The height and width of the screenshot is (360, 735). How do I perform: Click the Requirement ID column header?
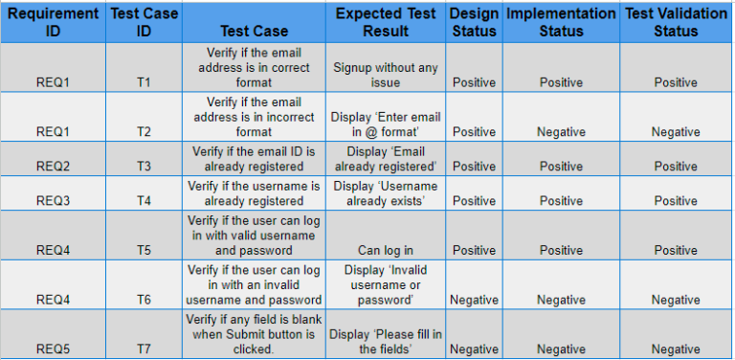(53, 22)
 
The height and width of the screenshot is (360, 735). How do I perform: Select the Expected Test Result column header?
(386, 22)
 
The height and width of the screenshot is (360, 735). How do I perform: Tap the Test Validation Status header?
(676, 22)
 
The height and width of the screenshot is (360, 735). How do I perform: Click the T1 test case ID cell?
(144, 82)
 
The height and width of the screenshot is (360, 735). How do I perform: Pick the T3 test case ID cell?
(144, 167)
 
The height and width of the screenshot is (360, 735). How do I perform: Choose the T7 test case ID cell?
(144, 349)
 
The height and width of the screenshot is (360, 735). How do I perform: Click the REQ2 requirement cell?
(53, 167)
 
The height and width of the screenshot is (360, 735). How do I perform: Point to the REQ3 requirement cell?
(53, 201)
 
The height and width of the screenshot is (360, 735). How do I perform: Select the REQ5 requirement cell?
(53, 349)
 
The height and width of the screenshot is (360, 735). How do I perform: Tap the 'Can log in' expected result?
(386, 251)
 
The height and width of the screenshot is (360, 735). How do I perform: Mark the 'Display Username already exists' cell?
(386, 193)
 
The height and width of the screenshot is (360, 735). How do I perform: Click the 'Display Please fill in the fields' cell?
(386, 342)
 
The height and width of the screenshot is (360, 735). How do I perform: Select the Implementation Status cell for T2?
(561, 132)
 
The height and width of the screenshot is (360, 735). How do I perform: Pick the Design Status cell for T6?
(474, 300)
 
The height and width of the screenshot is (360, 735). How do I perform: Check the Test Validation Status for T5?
(676, 251)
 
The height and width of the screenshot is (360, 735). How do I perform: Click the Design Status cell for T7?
(474, 349)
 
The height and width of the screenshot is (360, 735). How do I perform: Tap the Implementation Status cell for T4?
(561, 201)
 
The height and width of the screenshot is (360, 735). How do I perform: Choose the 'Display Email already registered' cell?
(386, 159)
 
